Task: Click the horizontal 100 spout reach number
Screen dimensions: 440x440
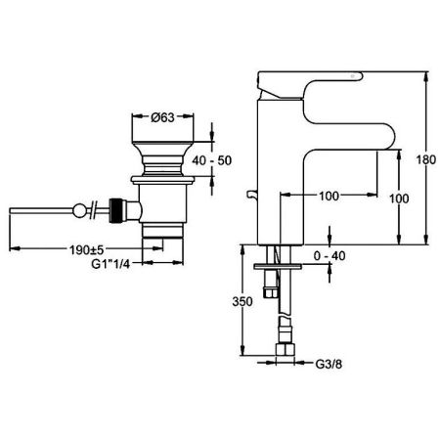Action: click(329, 196)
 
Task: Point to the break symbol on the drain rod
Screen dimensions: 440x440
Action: click(93, 208)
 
